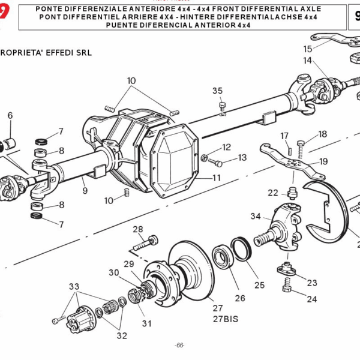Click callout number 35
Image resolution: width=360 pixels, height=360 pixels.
(217, 91)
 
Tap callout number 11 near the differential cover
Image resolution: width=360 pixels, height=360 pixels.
(216, 178)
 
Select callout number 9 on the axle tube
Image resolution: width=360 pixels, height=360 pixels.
(85, 190)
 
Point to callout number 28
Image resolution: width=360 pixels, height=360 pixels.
(137, 229)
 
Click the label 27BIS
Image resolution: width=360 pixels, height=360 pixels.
(225, 319)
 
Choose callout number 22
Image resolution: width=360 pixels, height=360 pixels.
(273, 193)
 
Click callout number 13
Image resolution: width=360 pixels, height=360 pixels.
(242, 158)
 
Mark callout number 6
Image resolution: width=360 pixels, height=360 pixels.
(10, 116)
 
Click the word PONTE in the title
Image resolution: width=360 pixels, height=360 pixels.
(68, 10)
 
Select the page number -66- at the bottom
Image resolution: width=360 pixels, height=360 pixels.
(179, 345)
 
